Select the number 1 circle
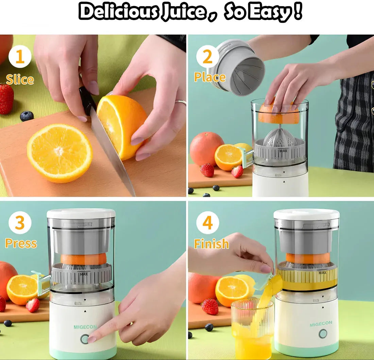click(x=20, y=57)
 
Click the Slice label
click(x=20, y=80)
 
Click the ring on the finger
click(x=181, y=102)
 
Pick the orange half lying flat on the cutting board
click(x=60, y=153)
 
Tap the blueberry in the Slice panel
click(x=27, y=116)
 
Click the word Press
click(x=21, y=243)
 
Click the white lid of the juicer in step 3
click(x=81, y=213)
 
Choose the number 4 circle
click(x=207, y=223)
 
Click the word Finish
click(x=211, y=244)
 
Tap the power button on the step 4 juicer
click(x=323, y=334)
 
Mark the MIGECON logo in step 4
click(x=321, y=324)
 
